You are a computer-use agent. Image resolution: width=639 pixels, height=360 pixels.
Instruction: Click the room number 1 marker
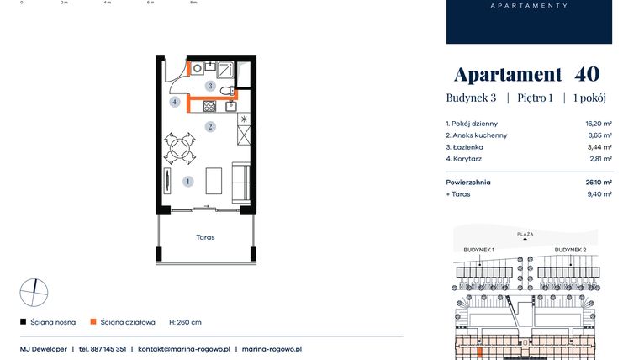pyautogui.click(x=187, y=181)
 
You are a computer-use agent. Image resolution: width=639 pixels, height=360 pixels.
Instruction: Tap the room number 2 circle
pyautogui.click(x=210, y=126)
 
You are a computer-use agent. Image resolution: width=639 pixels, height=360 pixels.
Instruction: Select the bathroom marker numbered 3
pyautogui.click(x=210, y=86)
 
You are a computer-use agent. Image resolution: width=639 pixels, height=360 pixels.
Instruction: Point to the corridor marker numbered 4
pyautogui.click(x=175, y=102)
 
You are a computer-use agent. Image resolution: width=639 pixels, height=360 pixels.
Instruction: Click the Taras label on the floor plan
pyautogui.click(x=205, y=237)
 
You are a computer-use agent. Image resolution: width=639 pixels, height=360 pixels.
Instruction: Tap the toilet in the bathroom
pyautogui.click(x=227, y=90)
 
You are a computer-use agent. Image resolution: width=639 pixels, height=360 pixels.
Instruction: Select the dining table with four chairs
pyautogui.click(x=180, y=148)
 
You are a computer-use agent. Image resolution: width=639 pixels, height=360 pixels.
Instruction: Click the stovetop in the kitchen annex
pyautogui.click(x=209, y=107)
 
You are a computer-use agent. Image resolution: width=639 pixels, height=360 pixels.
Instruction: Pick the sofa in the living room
pyautogui.click(x=240, y=183)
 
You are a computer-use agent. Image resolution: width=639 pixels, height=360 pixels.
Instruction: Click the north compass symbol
pyautogui.click(x=34, y=293)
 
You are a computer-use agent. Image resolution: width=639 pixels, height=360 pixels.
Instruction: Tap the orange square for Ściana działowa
pyautogui.click(x=93, y=321)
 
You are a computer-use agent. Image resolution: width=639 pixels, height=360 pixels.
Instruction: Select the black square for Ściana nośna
pyautogui.click(x=24, y=321)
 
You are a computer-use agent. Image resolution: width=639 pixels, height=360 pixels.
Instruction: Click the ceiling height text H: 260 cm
pyautogui.click(x=186, y=322)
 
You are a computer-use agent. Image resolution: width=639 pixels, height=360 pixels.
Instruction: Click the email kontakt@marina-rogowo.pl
pyautogui.click(x=184, y=349)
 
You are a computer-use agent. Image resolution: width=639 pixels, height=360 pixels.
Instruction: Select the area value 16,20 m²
pyautogui.click(x=599, y=124)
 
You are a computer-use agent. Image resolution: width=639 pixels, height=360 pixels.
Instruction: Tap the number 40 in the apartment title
pyautogui.click(x=587, y=74)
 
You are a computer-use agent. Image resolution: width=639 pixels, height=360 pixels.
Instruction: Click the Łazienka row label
pyautogui.click(x=465, y=147)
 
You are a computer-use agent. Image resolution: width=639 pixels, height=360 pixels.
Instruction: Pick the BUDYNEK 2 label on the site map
pyautogui.click(x=571, y=250)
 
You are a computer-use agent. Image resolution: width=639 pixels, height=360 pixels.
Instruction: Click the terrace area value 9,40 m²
pyautogui.click(x=599, y=194)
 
